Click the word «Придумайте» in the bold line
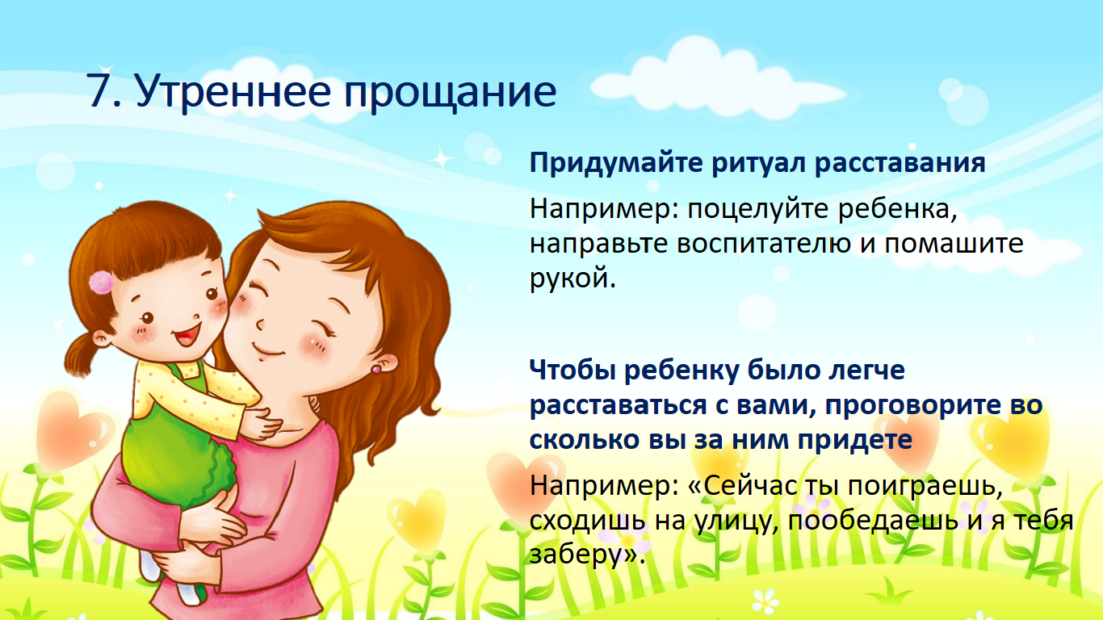pyautogui.click(x=616, y=164)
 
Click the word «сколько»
pyautogui.click(x=585, y=440)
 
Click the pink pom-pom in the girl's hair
pyautogui.click(x=102, y=283)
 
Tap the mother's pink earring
pyautogui.click(x=375, y=369)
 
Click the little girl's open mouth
pyautogui.click(x=187, y=335)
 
